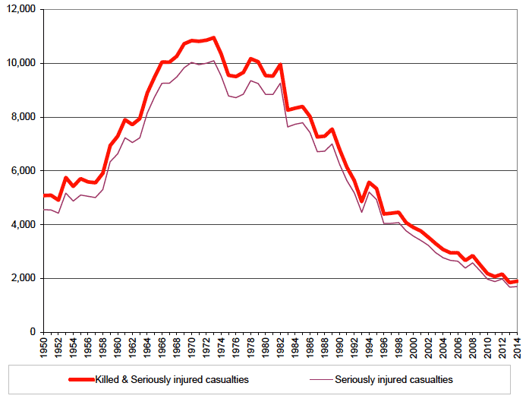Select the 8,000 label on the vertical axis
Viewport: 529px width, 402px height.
pos(24,117)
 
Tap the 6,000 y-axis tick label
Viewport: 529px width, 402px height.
pos(24,171)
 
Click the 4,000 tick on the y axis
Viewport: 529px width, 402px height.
pos(24,225)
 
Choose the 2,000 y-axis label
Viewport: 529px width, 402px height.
pos(24,278)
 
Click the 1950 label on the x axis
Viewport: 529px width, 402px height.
pos(44,347)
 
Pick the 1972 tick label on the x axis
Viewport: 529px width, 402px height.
pos(206,347)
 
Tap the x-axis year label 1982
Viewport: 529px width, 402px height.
pos(281,347)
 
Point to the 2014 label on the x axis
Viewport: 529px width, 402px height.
pos(517,347)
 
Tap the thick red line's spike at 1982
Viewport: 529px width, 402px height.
pos(281,65)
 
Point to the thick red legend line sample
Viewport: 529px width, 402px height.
pos(79,378)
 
